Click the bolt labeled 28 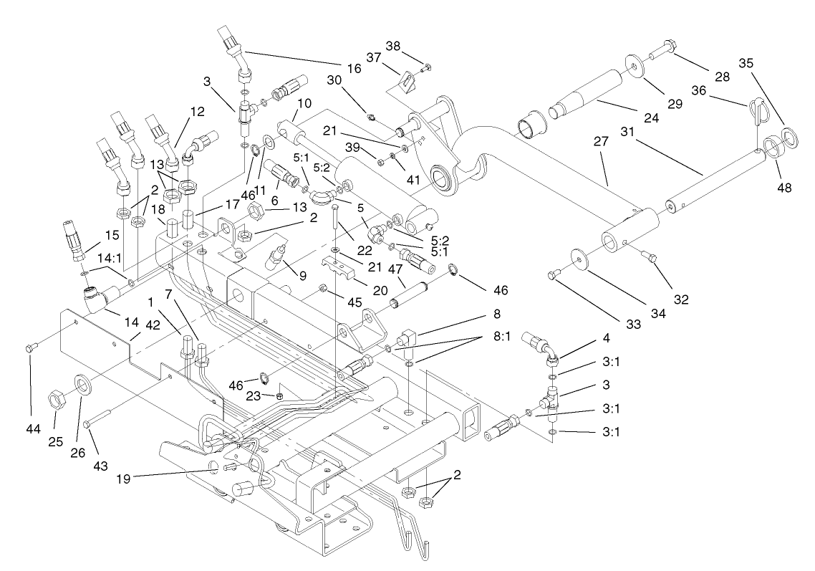(x=657, y=52)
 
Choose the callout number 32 (x=681, y=299)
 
